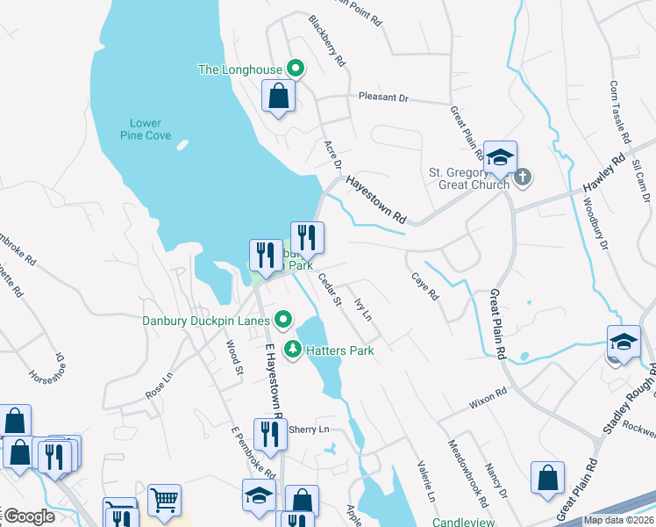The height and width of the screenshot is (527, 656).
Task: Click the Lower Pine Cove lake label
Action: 146,129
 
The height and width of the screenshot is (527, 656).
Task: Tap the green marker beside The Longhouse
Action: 296,69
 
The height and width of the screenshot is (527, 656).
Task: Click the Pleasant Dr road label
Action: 383,98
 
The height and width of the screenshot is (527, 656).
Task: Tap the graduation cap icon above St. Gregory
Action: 500,157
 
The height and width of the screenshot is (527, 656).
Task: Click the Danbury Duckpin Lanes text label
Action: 206,321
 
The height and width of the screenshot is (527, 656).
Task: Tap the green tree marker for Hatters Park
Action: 292,350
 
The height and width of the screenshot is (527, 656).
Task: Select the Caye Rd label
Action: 425,286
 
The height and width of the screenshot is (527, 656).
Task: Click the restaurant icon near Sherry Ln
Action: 269,433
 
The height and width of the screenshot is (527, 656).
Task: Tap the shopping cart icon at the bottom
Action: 164,500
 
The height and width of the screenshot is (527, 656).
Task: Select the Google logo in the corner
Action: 28,516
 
